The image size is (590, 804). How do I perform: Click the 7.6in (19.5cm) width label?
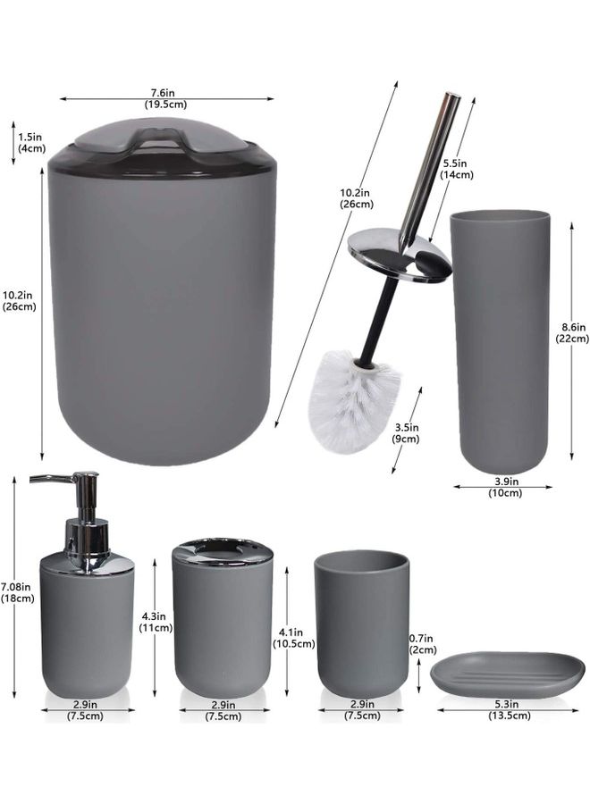164,98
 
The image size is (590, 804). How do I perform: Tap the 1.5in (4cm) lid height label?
32,143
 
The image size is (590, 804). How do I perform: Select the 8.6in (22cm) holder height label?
572,333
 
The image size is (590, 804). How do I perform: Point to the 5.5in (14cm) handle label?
457,169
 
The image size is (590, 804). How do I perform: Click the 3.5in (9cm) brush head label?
407,432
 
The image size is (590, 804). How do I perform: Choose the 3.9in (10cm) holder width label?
505,487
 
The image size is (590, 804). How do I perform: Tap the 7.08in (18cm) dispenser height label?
18,592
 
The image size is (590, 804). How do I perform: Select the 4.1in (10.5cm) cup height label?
293,639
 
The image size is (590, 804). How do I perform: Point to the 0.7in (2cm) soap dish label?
423,644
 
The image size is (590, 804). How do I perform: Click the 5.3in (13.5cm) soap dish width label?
509,709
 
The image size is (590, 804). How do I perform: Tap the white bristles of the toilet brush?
353,400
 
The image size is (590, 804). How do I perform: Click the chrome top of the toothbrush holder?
223,551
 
